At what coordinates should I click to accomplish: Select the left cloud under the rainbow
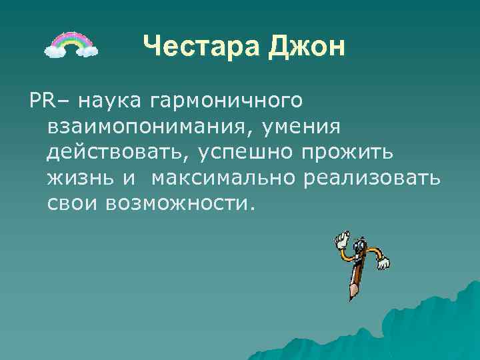click(55, 49)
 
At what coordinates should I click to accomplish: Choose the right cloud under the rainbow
click(87, 49)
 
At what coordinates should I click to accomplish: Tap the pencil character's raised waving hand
click(342, 237)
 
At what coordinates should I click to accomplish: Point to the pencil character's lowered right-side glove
click(383, 264)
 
